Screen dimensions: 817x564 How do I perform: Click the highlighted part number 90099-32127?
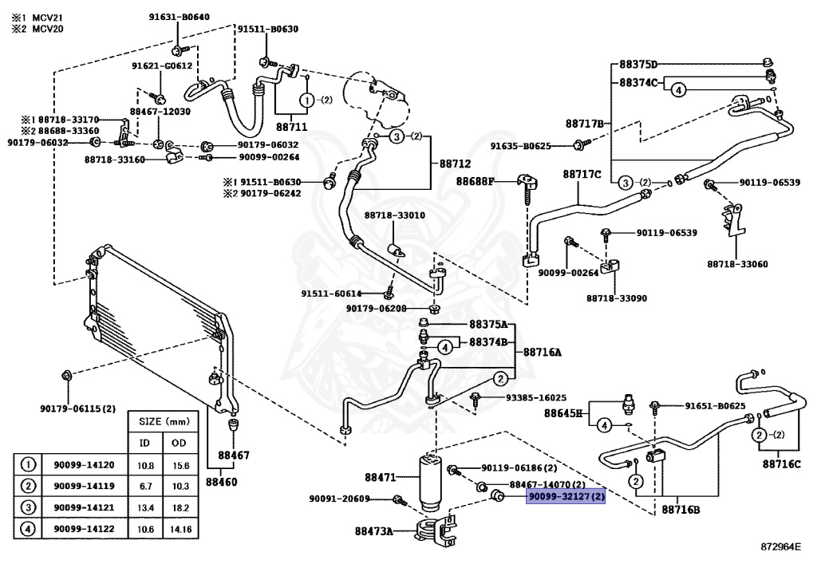[566, 496]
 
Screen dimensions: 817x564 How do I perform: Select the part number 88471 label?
[381, 477]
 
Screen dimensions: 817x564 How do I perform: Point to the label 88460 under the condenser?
[221, 482]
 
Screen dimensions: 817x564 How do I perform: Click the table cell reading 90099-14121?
[84, 507]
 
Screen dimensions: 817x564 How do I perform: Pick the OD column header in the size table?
[179, 444]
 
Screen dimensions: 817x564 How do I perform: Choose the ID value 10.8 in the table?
[145, 466]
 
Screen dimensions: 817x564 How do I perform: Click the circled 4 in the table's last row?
[28, 529]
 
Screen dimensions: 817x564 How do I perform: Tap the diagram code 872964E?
[780, 546]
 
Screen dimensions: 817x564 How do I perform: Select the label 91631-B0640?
[180, 17]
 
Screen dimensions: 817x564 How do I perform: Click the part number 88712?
[455, 164]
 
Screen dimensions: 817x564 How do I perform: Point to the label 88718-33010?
[394, 215]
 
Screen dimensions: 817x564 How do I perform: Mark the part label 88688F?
[475, 181]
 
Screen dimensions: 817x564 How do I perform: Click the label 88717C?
[582, 174]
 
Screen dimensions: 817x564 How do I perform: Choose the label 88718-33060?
[737, 264]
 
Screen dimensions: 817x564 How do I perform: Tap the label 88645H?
[563, 413]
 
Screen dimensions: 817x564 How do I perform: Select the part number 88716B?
[681, 509]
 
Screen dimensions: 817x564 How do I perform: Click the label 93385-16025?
[536, 397]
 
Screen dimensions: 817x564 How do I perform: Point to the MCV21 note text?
[47, 18]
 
